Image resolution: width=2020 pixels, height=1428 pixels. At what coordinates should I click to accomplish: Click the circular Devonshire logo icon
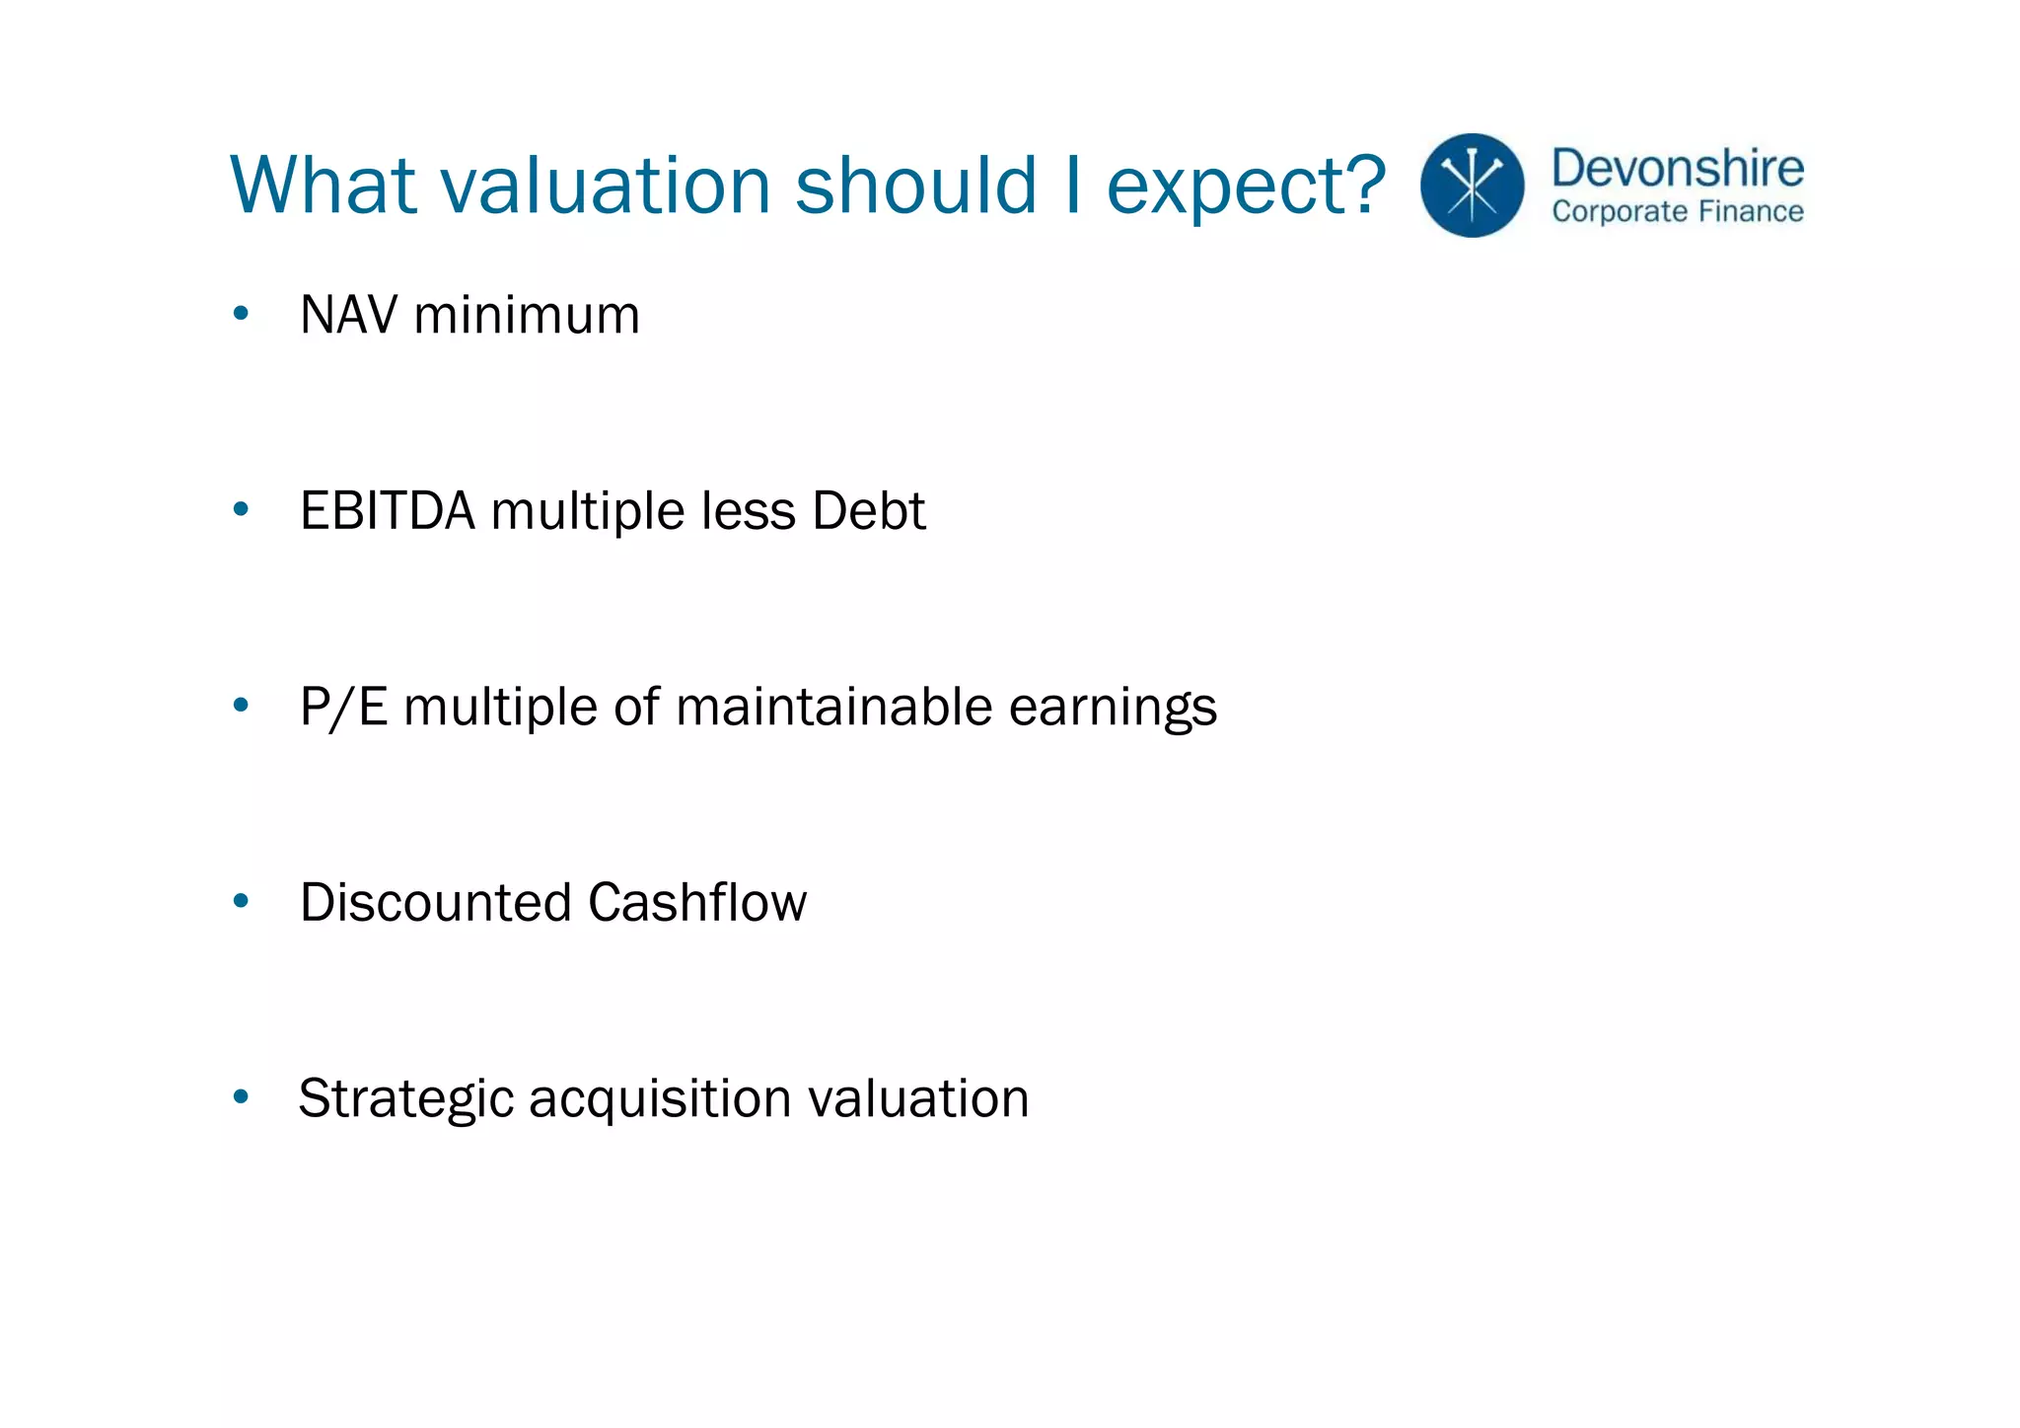tap(1472, 186)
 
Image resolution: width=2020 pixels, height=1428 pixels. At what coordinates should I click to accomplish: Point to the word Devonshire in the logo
tap(1677, 168)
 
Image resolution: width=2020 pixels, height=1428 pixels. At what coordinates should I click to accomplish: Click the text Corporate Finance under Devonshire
tap(1677, 212)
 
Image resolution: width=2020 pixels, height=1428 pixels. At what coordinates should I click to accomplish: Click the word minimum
tap(527, 316)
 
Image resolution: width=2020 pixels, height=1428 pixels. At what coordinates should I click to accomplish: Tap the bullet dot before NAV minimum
tap(241, 315)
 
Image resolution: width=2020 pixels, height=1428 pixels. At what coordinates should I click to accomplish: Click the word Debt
tap(868, 511)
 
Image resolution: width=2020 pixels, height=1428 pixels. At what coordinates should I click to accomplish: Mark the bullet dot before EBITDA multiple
tap(241, 510)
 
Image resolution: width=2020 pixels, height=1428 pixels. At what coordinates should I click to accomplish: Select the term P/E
tap(343, 707)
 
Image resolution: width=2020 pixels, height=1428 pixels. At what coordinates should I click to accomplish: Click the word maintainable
tap(833, 707)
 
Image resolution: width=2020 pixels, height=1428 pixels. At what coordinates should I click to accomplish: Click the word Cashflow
tap(697, 902)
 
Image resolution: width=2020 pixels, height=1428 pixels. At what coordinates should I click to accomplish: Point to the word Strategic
tap(405, 1099)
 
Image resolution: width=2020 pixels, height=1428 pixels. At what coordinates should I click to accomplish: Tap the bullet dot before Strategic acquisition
tap(241, 1096)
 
